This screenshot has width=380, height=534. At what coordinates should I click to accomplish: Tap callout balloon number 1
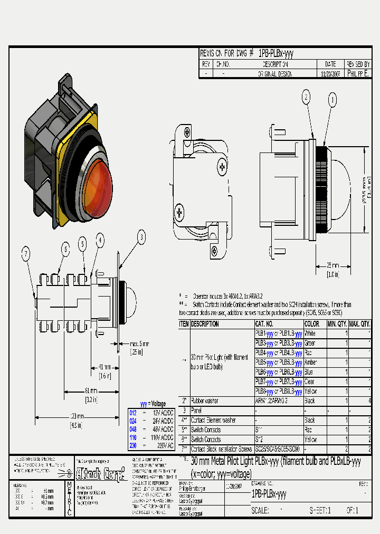pyautogui.click(x=332, y=99)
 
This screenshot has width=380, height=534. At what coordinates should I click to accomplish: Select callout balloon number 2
pyautogui.click(x=306, y=97)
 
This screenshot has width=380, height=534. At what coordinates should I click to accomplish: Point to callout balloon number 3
pyautogui.click(x=141, y=237)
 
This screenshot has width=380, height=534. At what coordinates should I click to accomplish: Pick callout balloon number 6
pyautogui.click(x=65, y=248)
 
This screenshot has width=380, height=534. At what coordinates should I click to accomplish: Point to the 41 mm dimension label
pyautogui.click(x=104, y=367)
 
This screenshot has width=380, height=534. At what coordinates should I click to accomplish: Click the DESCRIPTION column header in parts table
pyautogui.click(x=205, y=324)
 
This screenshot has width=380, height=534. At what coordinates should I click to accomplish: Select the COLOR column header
pyautogui.click(x=312, y=324)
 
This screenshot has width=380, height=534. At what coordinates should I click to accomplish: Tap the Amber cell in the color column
pyautogui.click(x=311, y=363)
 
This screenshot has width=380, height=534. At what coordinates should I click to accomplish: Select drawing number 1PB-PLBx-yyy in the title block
pyautogui.click(x=269, y=494)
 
